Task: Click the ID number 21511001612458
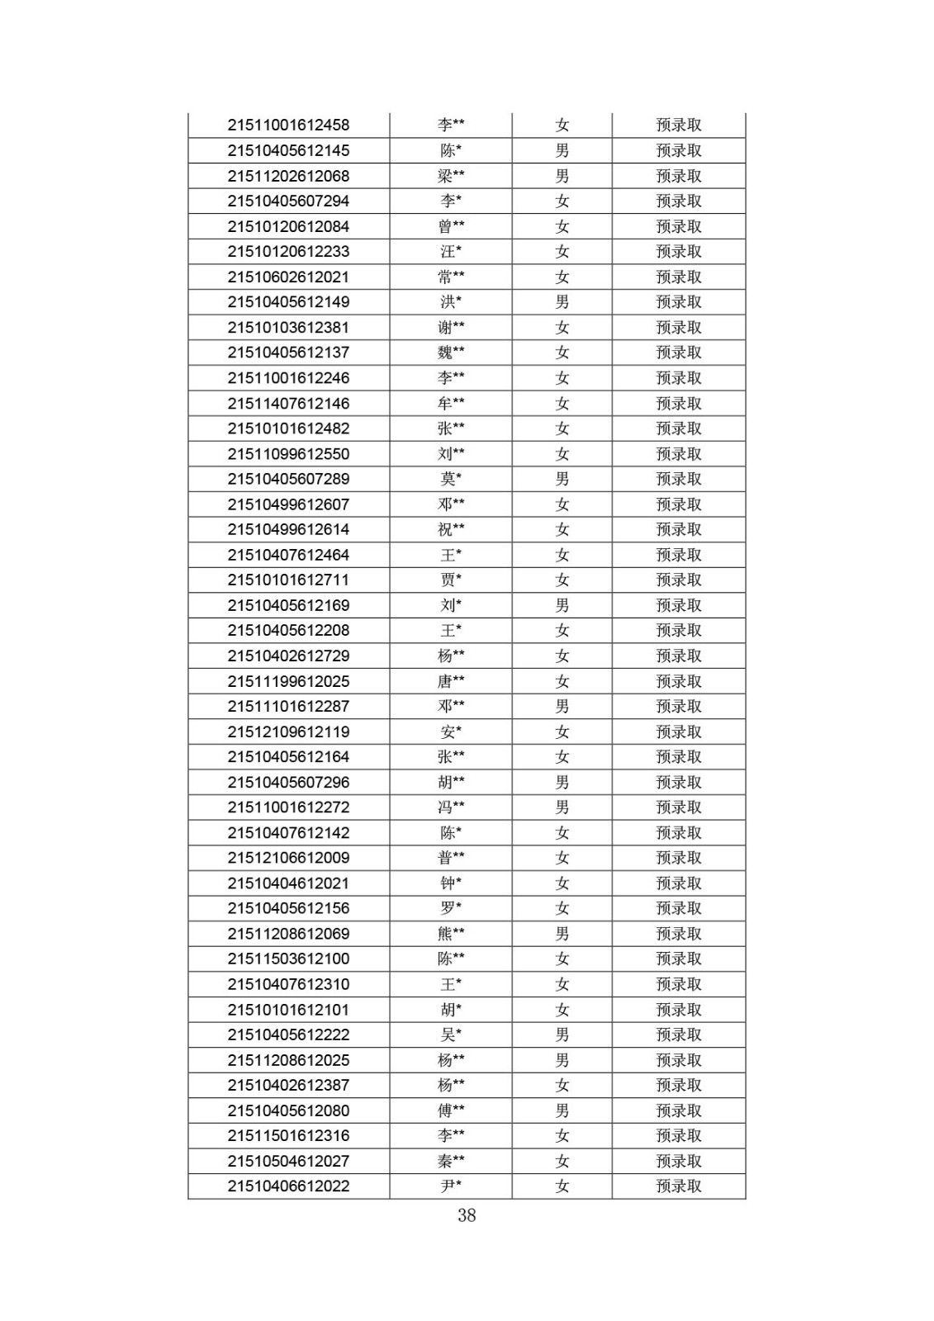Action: (x=288, y=125)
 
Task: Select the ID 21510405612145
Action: (x=288, y=150)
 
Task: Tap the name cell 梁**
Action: (x=451, y=176)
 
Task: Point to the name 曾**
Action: (x=451, y=226)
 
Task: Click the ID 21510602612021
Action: (x=288, y=277)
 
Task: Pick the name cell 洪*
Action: (x=451, y=302)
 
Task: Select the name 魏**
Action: (x=451, y=353)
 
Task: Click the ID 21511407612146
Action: (x=288, y=403)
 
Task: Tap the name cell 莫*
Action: (x=451, y=479)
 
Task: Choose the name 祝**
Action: (x=451, y=529)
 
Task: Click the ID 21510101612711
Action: (x=288, y=580)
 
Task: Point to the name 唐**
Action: (x=451, y=681)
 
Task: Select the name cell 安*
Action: (x=451, y=732)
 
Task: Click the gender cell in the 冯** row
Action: (x=562, y=807)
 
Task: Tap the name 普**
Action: (x=451, y=858)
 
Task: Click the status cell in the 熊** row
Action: (x=678, y=934)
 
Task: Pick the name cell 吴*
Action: (x=451, y=1035)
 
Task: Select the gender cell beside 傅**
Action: (x=562, y=1110)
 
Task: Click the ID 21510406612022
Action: (x=288, y=1186)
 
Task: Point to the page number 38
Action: (x=467, y=1215)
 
